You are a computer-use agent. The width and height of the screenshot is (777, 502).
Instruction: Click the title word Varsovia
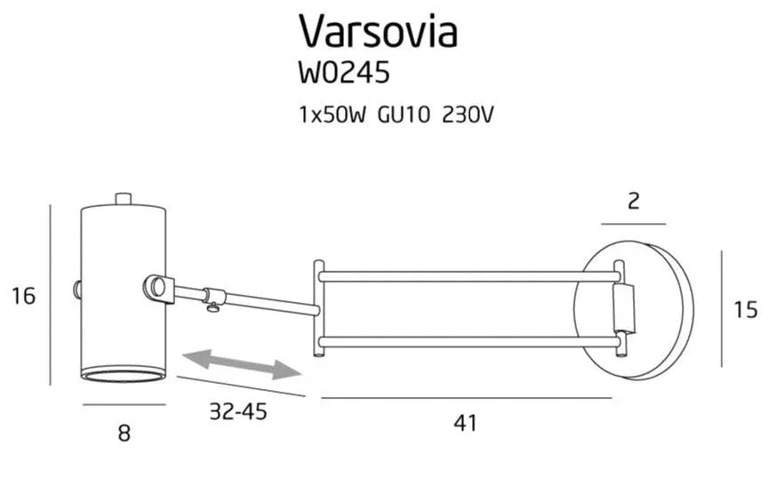click(x=378, y=31)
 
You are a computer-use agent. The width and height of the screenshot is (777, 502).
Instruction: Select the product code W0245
click(x=344, y=73)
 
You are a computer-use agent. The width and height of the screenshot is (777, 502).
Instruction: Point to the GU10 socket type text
click(x=397, y=116)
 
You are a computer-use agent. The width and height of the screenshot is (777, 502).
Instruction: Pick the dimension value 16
click(x=24, y=296)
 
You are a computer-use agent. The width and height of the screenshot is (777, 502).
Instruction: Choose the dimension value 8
click(x=124, y=433)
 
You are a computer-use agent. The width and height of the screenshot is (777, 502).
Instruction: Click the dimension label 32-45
click(x=238, y=412)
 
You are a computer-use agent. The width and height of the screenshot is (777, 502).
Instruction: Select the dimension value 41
click(x=465, y=423)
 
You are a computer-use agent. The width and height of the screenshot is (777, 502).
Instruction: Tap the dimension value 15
click(x=746, y=309)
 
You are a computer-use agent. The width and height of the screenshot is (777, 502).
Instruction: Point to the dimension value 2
click(x=633, y=201)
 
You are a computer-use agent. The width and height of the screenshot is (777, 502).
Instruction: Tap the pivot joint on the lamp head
click(x=158, y=288)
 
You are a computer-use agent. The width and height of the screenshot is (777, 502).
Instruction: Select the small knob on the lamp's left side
click(x=77, y=289)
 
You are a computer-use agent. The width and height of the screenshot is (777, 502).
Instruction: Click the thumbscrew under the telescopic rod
click(x=212, y=307)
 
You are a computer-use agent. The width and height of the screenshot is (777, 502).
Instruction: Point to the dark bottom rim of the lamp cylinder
click(x=124, y=372)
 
